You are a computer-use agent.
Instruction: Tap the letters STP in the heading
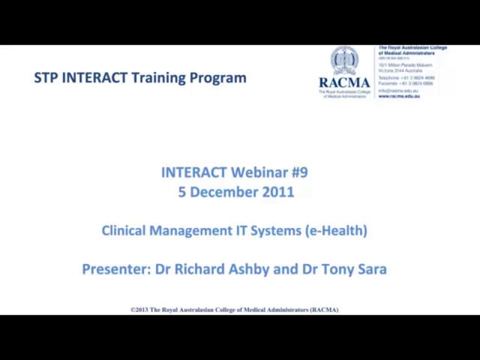tap(46, 77)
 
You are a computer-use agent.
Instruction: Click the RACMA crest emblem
tap(344, 61)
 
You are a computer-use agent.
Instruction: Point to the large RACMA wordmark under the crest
tap(344, 82)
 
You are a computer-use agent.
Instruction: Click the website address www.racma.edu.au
tap(399, 96)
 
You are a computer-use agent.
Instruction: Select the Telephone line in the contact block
tap(405, 78)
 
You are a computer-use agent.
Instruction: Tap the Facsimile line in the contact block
tap(405, 83)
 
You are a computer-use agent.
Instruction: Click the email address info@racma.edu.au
tap(398, 91)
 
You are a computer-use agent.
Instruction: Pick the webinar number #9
tap(298, 172)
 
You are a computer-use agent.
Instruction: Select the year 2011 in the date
tap(277, 192)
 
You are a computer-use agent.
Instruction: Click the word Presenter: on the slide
tap(116, 269)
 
